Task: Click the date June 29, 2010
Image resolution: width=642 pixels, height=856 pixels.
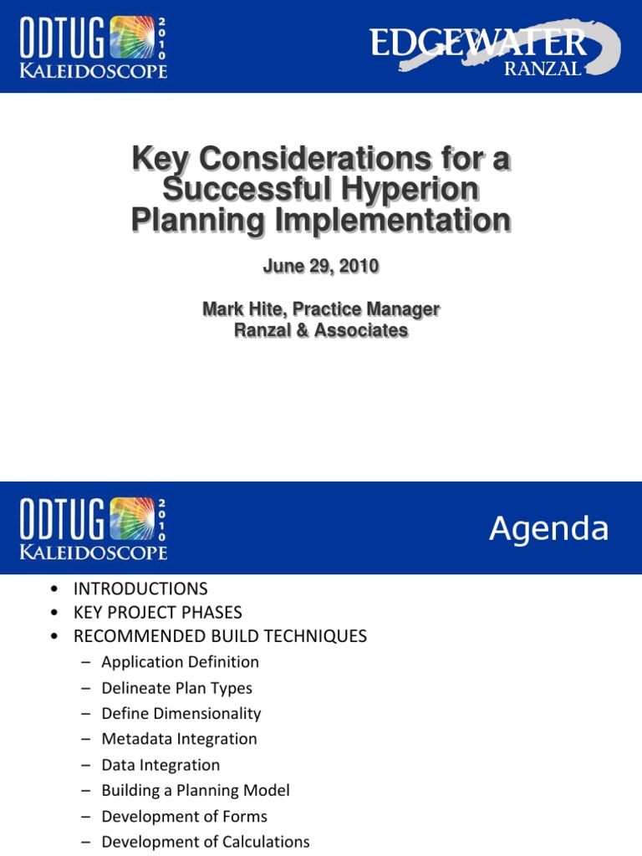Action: (321, 267)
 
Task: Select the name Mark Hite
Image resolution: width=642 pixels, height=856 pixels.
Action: (242, 309)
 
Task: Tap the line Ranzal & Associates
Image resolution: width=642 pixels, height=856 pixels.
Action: (321, 330)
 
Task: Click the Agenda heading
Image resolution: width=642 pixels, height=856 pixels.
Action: (548, 528)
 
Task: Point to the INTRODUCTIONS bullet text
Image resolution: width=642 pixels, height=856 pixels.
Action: (140, 588)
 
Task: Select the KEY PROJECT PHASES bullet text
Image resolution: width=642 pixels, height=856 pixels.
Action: (157, 612)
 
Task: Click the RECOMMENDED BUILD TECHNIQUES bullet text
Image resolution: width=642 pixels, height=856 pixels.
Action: (220, 636)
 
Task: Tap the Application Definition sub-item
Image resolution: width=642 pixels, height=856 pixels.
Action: (180, 662)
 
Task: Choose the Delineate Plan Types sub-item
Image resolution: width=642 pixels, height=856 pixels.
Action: (176, 688)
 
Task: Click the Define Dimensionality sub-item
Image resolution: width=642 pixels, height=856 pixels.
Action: (181, 713)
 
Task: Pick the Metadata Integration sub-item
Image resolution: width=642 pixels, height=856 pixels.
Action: (179, 739)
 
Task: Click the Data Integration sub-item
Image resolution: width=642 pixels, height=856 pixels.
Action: (160, 765)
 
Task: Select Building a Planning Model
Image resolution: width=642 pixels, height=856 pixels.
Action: (196, 790)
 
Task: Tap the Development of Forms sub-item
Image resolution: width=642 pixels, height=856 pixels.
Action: (184, 816)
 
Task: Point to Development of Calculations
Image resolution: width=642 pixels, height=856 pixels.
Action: (206, 842)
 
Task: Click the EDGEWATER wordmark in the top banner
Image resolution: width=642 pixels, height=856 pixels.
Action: (478, 41)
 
